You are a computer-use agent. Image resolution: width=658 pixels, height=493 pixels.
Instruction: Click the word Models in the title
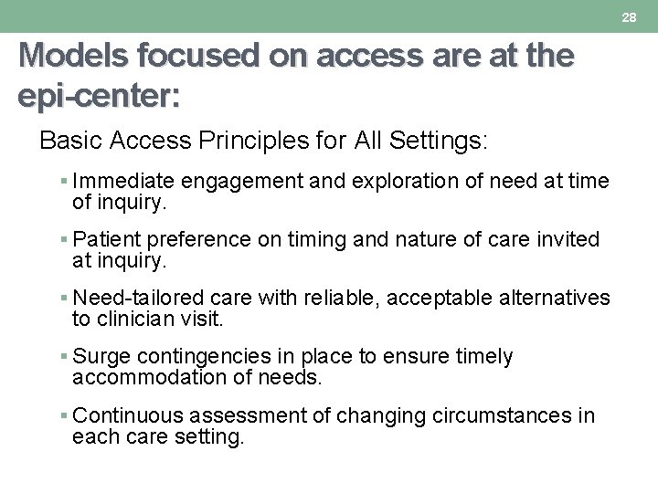pyautogui.click(x=75, y=57)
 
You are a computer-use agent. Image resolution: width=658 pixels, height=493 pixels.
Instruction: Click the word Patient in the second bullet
pyautogui.click(x=102, y=240)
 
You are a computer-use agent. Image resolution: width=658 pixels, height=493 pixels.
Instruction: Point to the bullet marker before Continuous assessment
pyautogui.click(x=65, y=416)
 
